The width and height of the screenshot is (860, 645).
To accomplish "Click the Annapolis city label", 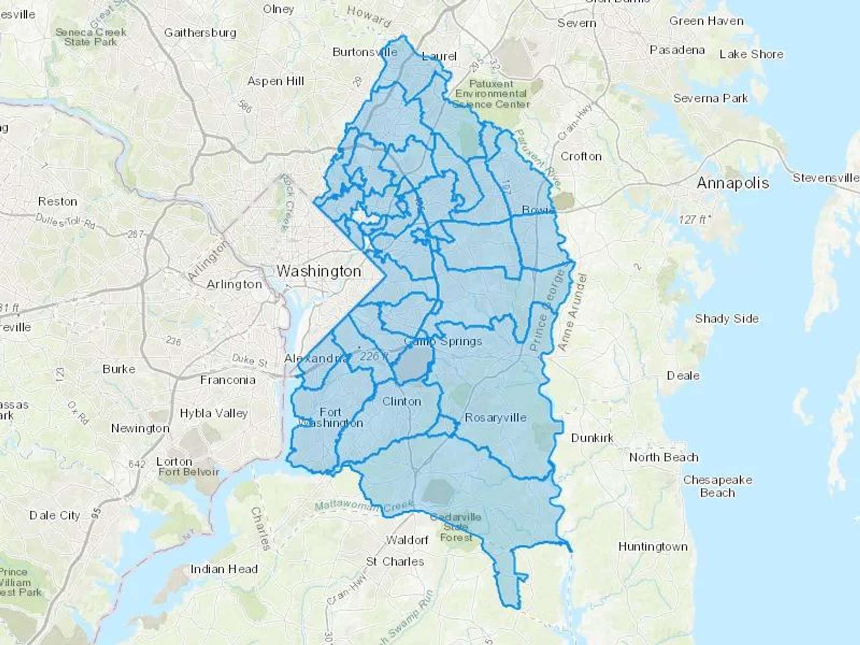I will [733, 183].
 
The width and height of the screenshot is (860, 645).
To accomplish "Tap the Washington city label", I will [319, 271].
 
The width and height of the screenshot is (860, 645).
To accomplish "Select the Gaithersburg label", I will [200, 32].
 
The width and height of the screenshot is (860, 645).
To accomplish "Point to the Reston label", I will [57, 202].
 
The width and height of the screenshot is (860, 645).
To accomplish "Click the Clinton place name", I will [401, 401].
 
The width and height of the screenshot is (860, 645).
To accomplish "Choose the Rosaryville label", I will [495, 418].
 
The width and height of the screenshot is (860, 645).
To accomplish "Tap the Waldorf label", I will [407, 540].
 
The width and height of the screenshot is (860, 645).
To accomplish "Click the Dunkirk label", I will [592, 438].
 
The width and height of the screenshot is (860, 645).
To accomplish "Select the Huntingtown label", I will [653, 547].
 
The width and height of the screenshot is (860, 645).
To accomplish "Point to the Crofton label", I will [580, 156].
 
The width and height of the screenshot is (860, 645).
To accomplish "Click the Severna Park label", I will [710, 98].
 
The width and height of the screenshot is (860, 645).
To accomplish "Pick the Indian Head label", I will [224, 569].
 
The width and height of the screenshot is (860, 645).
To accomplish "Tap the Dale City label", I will [54, 516].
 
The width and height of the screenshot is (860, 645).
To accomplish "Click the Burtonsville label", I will [365, 52].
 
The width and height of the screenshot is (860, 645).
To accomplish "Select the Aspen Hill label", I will [275, 81].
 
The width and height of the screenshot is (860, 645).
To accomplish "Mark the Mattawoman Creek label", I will [363, 506].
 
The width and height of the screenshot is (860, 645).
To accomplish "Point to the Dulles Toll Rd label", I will [66, 221].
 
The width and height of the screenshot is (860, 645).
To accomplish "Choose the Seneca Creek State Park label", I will [91, 37].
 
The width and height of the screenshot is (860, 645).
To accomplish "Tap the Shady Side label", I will [726, 319].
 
